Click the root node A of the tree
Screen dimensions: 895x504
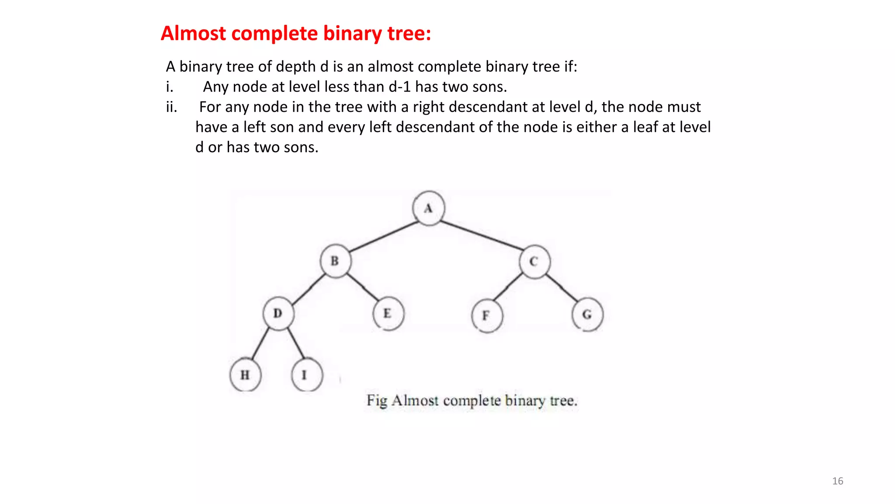coord(429,208)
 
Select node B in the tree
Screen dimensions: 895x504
coord(335,261)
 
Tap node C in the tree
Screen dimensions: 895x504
coord(534,262)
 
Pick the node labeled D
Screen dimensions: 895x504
coord(278,313)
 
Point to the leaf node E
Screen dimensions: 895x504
coord(388,314)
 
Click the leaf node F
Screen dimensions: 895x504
coord(487,315)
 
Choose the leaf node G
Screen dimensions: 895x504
coord(587,315)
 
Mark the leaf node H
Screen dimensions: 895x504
coord(245,375)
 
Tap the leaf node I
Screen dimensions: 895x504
coord(306,375)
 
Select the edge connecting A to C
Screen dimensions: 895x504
coord(482,236)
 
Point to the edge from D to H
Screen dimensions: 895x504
coord(261,345)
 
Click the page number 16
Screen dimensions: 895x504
coord(837,481)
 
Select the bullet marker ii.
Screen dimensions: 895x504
coord(171,107)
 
